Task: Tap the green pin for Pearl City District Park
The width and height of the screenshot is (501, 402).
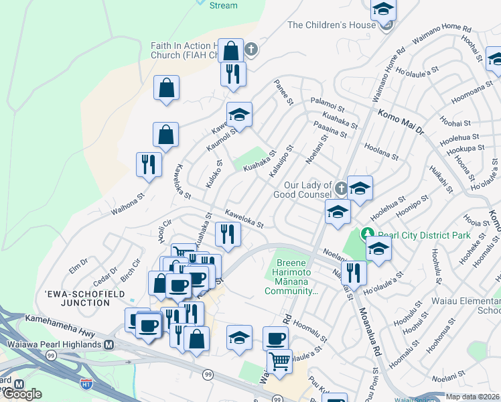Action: [x=367, y=234]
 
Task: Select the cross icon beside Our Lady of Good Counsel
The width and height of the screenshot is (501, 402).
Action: [x=341, y=188]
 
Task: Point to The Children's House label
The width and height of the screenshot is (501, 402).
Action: [x=331, y=25]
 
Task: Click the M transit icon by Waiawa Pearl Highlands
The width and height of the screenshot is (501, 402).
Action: [x=109, y=344]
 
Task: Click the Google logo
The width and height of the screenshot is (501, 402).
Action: [x=21, y=394]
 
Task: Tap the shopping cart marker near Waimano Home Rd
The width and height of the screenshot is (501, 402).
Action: [x=279, y=361]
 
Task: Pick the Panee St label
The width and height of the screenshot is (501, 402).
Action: [x=283, y=92]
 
